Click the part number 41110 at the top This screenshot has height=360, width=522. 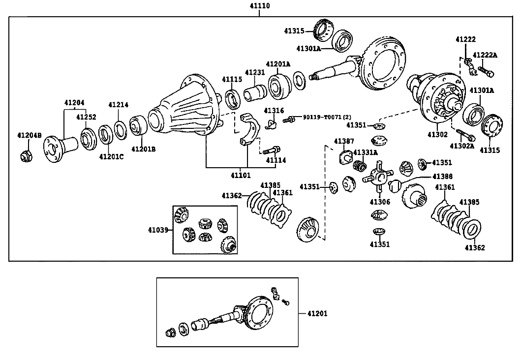(x=260, y=6)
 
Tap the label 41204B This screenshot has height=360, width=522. (x=30, y=135)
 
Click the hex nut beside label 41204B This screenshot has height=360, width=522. (x=26, y=156)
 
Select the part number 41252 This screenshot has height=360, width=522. (x=86, y=117)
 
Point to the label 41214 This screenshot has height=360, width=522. (x=118, y=104)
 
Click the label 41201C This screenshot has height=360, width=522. (x=111, y=156)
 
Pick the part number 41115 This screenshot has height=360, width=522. (x=232, y=79)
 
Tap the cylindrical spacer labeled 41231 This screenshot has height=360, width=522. (x=255, y=92)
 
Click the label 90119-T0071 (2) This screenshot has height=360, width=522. (x=327, y=117)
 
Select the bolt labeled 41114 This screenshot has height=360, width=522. (x=272, y=150)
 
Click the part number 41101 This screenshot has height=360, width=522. (x=241, y=176)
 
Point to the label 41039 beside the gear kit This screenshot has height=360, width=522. (x=158, y=230)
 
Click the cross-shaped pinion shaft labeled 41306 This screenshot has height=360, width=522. (x=378, y=177)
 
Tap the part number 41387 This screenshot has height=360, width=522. (x=344, y=141)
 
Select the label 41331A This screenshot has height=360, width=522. (x=366, y=152)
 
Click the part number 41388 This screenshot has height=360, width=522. (x=442, y=177)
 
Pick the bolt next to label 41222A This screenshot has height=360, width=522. (x=487, y=71)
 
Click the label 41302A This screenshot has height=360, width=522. (x=462, y=146)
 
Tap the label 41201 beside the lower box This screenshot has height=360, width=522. (x=317, y=313)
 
